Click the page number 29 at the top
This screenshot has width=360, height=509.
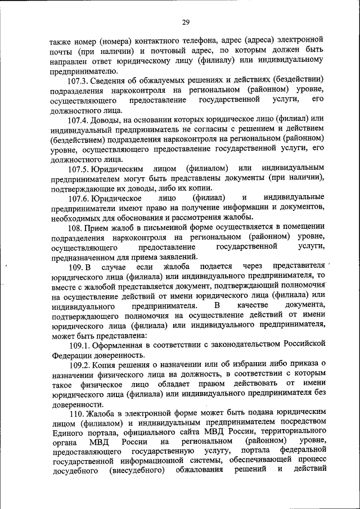pyautogui.click(x=185, y=22)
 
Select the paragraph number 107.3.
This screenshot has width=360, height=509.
pyautogui.click(x=79, y=78)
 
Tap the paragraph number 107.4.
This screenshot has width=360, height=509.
pyautogui.click(x=79, y=120)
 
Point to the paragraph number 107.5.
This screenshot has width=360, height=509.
pyautogui.click(x=79, y=168)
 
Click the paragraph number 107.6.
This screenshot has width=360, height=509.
pyautogui.click(x=79, y=197)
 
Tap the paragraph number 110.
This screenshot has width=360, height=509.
pyautogui.click(x=75, y=415)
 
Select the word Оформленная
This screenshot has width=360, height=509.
pyautogui.click(x=120, y=344)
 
